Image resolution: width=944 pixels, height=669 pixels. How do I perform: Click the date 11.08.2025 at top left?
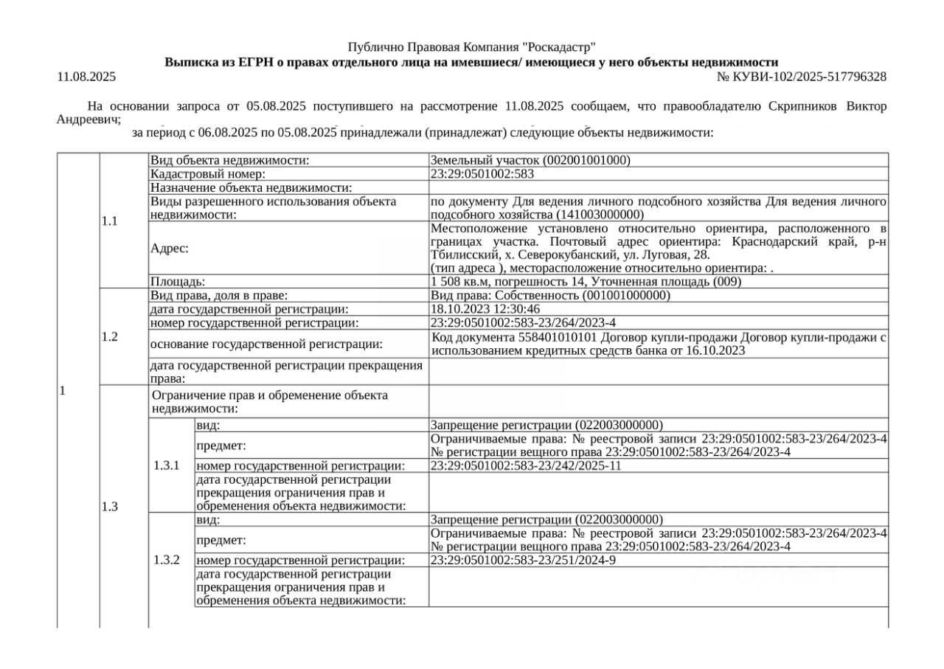86,77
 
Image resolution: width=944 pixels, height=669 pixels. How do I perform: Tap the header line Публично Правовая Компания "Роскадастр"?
471,47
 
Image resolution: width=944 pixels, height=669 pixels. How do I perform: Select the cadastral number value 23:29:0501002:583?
482,174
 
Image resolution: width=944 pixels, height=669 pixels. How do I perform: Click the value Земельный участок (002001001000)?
530,160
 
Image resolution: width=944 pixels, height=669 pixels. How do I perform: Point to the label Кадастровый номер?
207,174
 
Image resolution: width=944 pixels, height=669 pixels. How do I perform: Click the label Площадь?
178,281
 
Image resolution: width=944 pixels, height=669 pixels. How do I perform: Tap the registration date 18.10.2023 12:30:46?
485,309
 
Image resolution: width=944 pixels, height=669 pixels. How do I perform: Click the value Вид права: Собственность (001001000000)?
550,295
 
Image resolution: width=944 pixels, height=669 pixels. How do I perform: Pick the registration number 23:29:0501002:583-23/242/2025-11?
526,465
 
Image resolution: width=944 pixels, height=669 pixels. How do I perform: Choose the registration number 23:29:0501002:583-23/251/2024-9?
523,561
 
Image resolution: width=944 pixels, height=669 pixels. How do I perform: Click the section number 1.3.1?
167,465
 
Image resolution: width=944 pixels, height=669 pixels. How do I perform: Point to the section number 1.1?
110,221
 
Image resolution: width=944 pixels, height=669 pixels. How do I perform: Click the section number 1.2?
110,336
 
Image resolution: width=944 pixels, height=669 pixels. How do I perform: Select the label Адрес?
170,249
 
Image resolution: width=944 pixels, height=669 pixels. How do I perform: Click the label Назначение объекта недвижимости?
251,188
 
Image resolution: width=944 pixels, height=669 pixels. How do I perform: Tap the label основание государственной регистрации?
266,344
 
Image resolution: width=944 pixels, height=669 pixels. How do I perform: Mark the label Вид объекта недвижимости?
229,160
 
